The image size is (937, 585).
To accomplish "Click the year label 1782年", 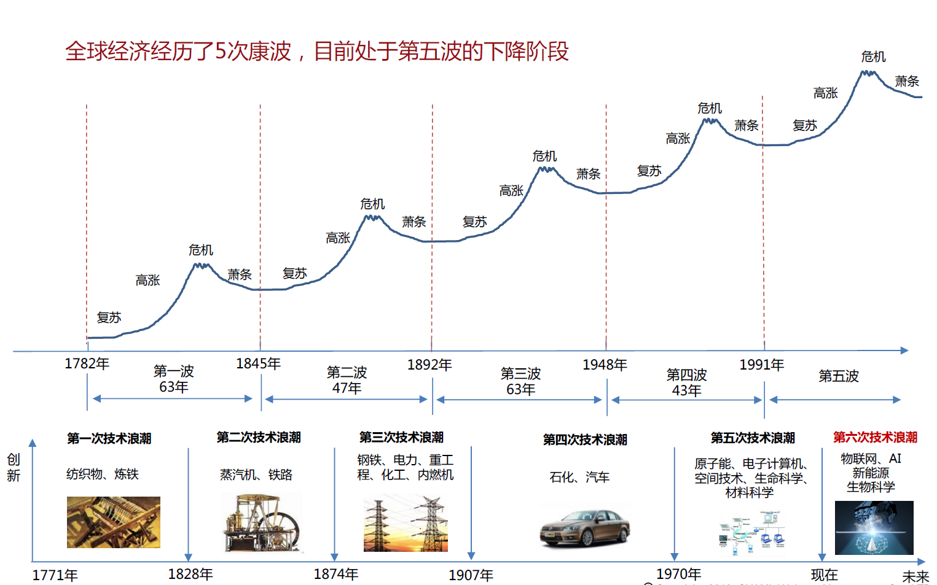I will click(87, 363).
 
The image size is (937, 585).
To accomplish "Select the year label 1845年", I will click(258, 363).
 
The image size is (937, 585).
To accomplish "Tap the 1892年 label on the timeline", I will click(429, 365).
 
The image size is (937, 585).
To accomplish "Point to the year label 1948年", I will click(605, 365).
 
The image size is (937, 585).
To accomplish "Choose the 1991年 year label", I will click(761, 365).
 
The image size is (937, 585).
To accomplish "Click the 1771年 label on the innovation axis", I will click(55, 575).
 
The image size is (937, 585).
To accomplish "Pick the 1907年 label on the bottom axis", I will click(471, 575).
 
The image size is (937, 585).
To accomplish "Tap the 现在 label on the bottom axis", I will click(824, 575).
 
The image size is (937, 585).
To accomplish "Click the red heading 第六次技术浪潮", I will click(875, 437).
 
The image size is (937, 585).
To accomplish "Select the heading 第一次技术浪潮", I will click(109, 438).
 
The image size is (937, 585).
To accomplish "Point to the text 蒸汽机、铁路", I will click(256, 475).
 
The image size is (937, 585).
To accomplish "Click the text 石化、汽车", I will click(579, 477).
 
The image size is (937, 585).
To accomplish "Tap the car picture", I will click(585, 528).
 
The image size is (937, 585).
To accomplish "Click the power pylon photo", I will click(406, 524).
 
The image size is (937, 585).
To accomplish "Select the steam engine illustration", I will click(262, 524).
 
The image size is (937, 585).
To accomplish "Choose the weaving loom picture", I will click(114, 522).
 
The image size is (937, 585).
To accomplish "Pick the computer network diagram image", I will click(751, 532).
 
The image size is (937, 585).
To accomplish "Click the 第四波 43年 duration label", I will click(686, 382).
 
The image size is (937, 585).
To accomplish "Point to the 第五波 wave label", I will click(838, 376).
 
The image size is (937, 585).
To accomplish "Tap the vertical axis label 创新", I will click(14, 467).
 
